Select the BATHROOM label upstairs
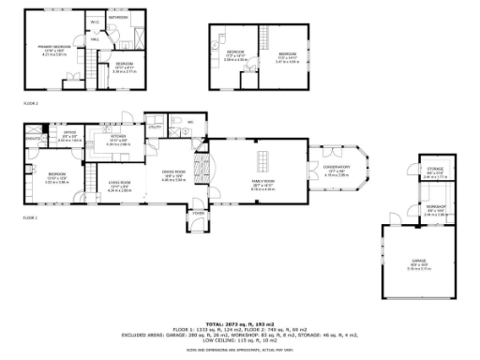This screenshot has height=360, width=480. (x=118, y=17)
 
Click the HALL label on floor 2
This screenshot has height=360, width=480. (x=95, y=39)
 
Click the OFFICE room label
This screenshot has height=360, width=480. (x=69, y=133)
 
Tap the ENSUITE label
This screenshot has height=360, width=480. (x=33, y=138)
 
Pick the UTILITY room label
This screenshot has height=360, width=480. (x=156, y=127)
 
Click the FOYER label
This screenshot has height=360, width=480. (x=198, y=214)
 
